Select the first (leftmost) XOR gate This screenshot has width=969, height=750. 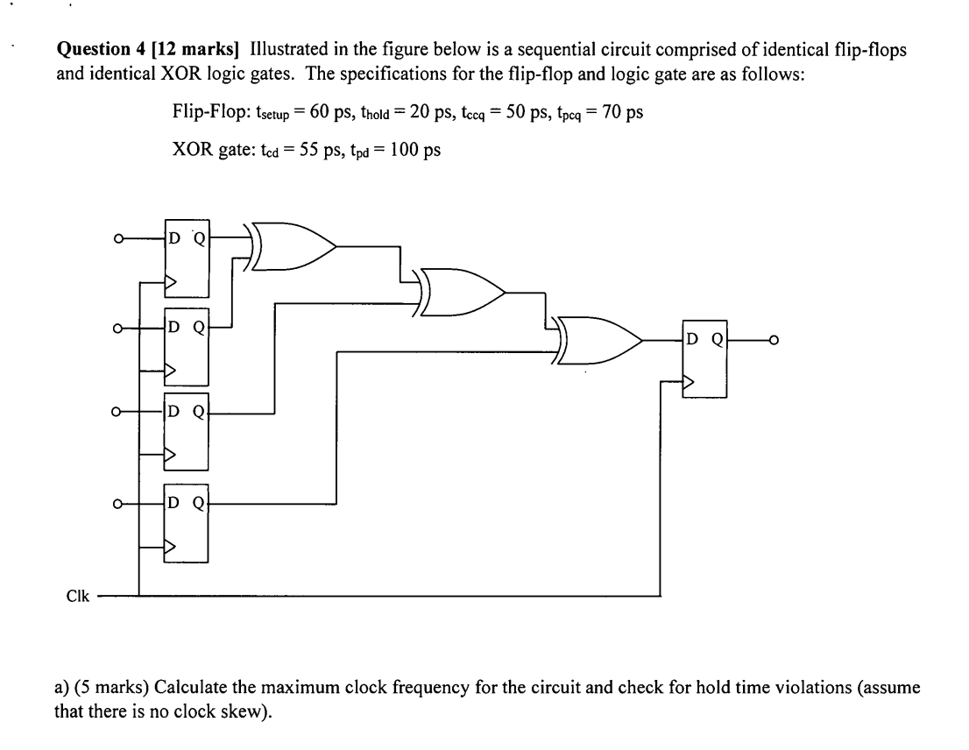tap(294, 245)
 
